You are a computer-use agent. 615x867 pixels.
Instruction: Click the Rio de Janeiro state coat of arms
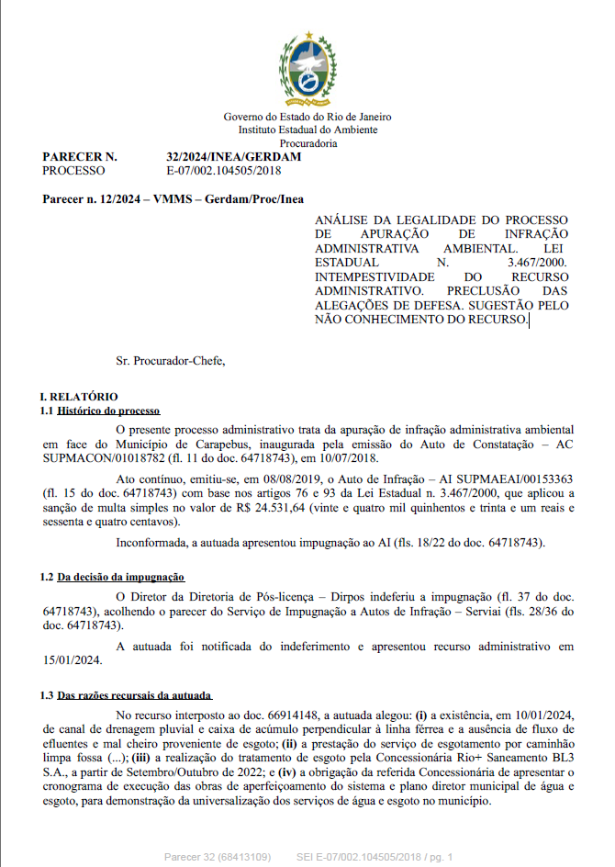coord(308,69)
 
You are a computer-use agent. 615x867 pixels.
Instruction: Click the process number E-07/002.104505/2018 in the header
coord(224,170)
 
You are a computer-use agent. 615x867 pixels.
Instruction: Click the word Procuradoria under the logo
coord(308,142)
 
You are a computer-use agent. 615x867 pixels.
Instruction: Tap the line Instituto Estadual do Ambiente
coord(308,129)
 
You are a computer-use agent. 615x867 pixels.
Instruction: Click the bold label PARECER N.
coord(80,157)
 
